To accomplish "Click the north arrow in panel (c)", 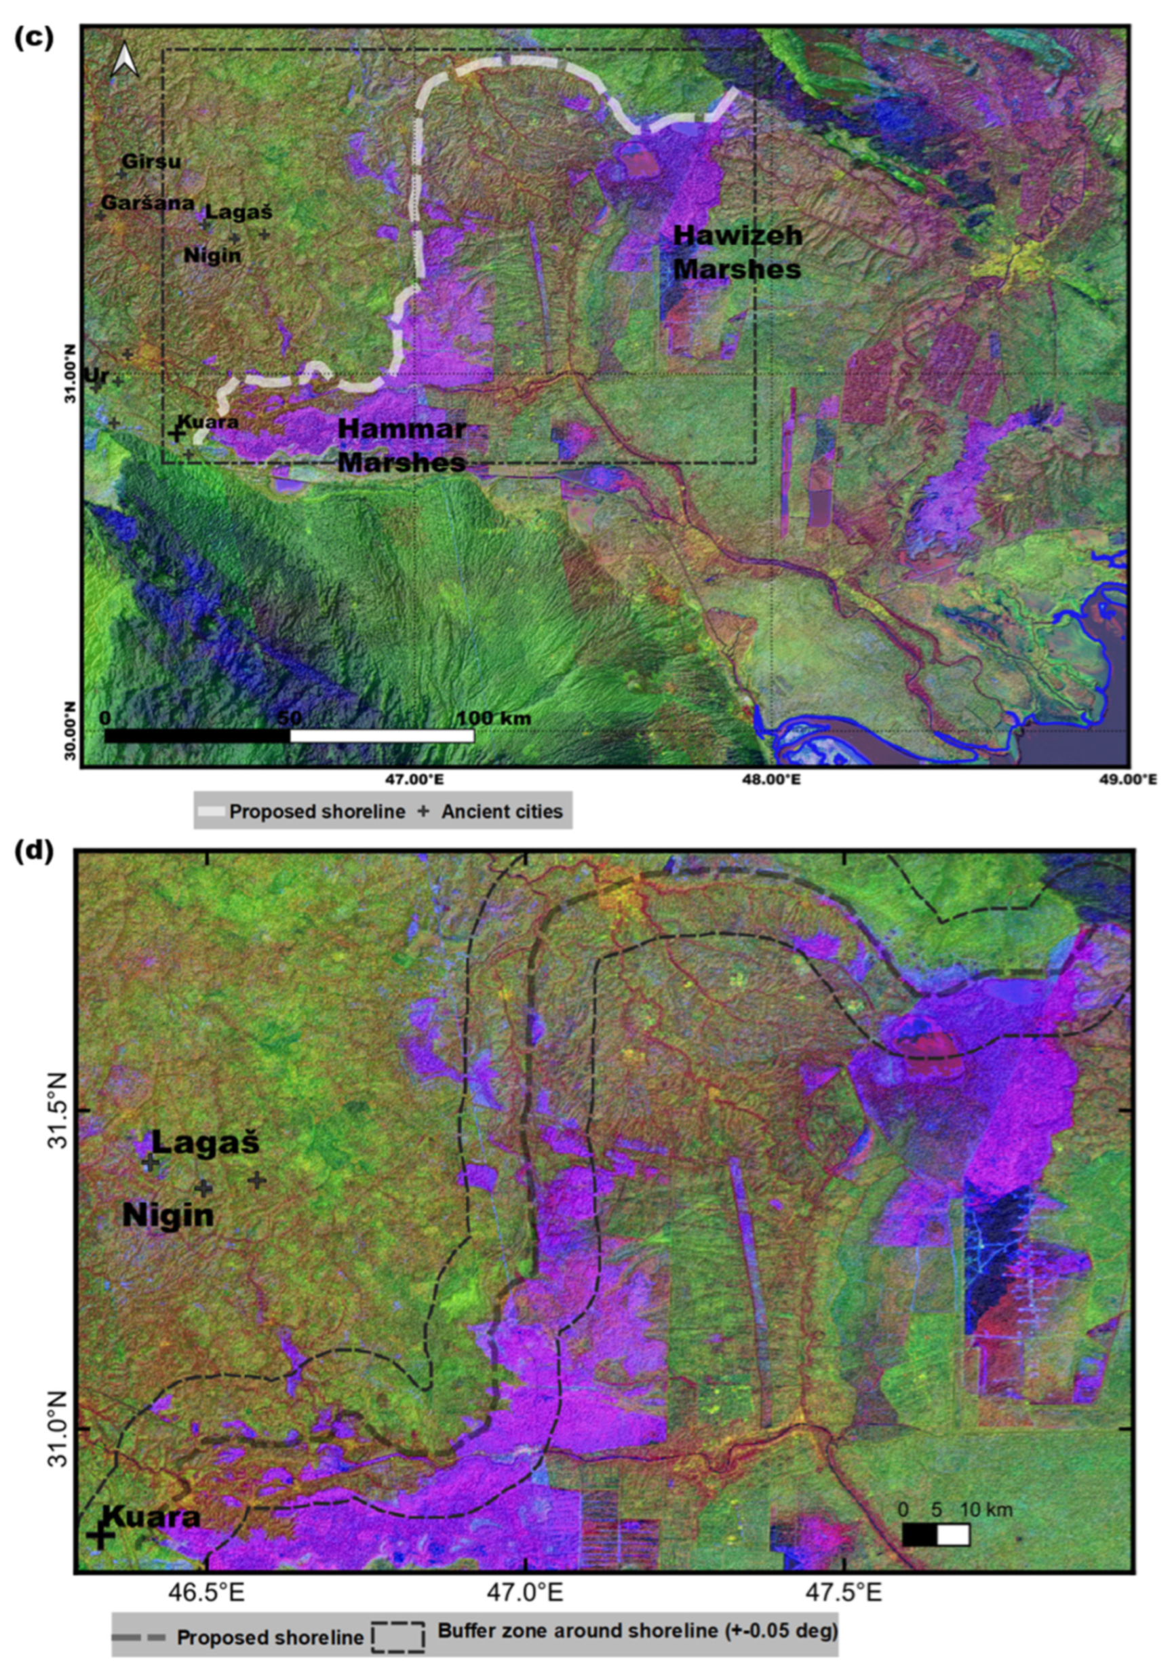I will pyautogui.click(x=125, y=60).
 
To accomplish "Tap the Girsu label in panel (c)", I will pyautogui.click(x=151, y=161).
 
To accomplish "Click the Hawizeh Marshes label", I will pyautogui.click(x=737, y=252).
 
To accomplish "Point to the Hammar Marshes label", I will pyautogui.click(x=402, y=445).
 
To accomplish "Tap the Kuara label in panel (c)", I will pyautogui.click(x=208, y=421).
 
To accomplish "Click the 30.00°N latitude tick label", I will pyautogui.click(x=71, y=731).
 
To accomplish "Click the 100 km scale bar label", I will pyautogui.click(x=493, y=718).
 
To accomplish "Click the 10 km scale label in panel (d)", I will pyautogui.click(x=986, y=1509).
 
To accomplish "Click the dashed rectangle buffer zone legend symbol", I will pyautogui.click(x=398, y=1636).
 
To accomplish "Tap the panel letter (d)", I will pyautogui.click(x=34, y=853).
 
